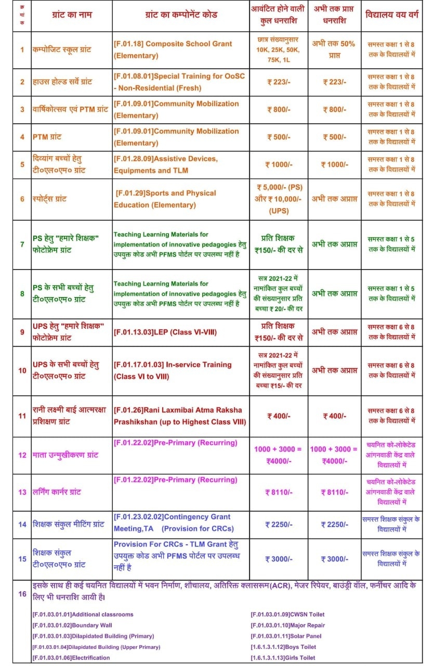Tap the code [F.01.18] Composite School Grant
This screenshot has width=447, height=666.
(x=173, y=49)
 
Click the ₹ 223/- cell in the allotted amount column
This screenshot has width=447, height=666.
(x=280, y=82)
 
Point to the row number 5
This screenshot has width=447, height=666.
(x=22, y=164)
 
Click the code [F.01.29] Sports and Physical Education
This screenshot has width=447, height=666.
(x=165, y=199)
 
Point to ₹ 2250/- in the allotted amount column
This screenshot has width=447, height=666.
(x=280, y=524)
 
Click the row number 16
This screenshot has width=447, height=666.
(x=22, y=593)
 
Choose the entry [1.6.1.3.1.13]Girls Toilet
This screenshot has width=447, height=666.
(x=283, y=658)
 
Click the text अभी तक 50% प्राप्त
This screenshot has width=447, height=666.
(x=333, y=49)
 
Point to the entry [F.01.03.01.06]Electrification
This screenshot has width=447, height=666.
(x=71, y=658)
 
